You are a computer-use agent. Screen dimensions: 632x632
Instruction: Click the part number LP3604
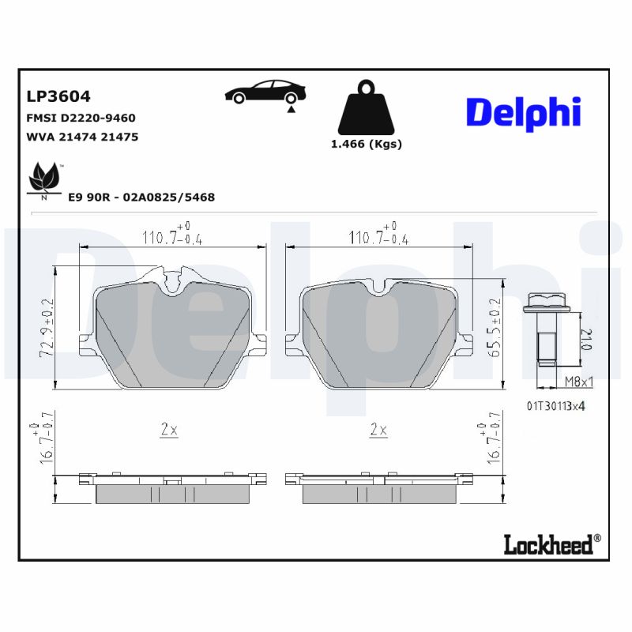(x=58, y=96)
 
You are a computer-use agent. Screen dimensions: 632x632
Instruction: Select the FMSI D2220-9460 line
(x=81, y=118)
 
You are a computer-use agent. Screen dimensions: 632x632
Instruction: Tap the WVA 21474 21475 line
(x=82, y=137)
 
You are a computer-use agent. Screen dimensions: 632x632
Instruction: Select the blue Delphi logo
(x=523, y=113)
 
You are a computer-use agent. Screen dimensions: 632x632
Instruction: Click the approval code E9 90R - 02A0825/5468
(x=141, y=197)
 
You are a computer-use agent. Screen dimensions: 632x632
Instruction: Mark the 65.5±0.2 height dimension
(x=496, y=328)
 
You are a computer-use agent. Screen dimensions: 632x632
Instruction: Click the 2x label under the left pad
(x=169, y=430)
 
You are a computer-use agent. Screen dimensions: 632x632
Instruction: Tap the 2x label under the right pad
(x=378, y=430)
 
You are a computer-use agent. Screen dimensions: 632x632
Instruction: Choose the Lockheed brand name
(x=551, y=544)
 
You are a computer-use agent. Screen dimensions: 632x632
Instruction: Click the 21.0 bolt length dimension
(x=585, y=339)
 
